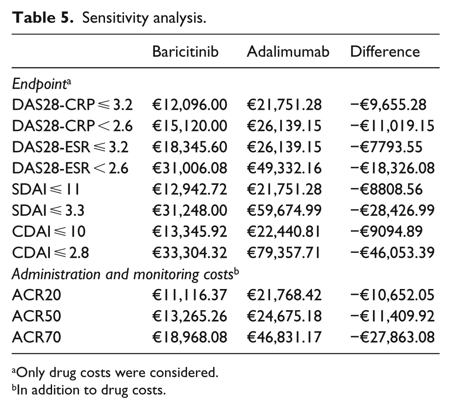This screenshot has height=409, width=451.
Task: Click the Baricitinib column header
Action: pyautogui.click(x=185, y=52)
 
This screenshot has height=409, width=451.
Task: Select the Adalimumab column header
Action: pyautogui.click(x=288, y=52)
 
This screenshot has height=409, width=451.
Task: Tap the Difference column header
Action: pyautogui.click(x=385, y=52)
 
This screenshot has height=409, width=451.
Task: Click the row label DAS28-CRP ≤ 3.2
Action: pyautogui.click(x=72, y=105)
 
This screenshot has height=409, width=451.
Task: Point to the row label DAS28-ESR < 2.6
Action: pyautogui.click(x=70, y=168)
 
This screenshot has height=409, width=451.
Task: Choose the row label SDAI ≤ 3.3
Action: pyautogui.click(x=48, y=210)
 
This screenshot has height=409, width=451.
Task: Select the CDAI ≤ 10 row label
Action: pyautogui.click(x=49, y=232)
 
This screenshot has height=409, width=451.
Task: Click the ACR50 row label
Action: pyautogui.click(x=37, y=316)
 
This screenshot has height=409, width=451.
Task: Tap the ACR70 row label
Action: pyautogui.click(x=37, y=337)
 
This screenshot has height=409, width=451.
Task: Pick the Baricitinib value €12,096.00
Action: pyautogui.click(x=190, y=105)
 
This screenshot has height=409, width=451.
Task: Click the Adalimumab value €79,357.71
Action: pyautogui.click(x=284, y=252)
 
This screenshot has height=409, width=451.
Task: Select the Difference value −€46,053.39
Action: pyautogui.click(x=392, y=252)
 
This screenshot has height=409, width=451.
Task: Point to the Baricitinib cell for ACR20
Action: pyautogui.click(x=190, y=295)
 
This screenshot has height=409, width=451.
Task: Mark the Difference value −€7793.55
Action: pyautogui.click(x=386, y=147)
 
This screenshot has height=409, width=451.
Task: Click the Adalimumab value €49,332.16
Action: pyautogui.click(x=284, y=168)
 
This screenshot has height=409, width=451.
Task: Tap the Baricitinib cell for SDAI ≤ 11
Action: pyautogui.click(x=190, y=189)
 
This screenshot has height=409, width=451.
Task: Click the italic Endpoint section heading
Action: pyautogui.click(x=41, y=84)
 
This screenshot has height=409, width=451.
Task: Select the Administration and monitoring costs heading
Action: pyautogui.click(x=125, y=274)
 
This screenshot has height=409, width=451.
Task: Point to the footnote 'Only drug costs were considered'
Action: pyautogui.click(x=115, y=373)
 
